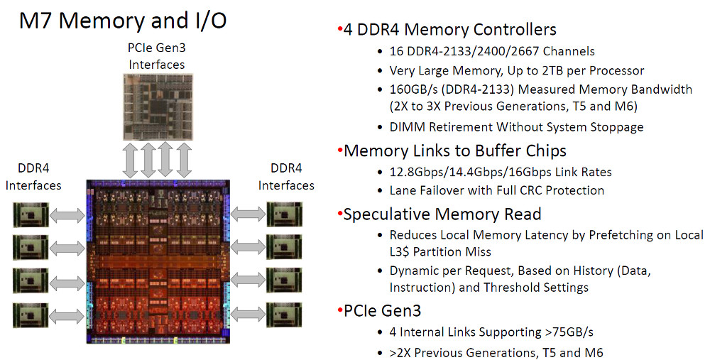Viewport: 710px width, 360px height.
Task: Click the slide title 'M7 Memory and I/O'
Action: click(x=123, y=21)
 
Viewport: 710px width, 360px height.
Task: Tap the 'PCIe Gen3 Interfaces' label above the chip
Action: click(x=157, y=56)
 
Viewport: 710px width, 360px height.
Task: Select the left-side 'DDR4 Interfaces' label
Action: click(x=33, y=177)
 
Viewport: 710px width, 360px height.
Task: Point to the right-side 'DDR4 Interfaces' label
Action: click(x=286, y=177)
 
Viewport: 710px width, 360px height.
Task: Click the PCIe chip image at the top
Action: click(x=158, y=107)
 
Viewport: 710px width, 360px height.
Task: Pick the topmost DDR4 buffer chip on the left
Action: click(x=31, y=214)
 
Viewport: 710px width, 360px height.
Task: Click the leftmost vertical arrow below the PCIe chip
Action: click(x=131, y=160)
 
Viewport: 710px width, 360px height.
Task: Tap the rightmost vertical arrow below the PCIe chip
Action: click(x=184, y=160)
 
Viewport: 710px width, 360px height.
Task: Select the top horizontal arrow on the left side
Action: click(x=67, y=215)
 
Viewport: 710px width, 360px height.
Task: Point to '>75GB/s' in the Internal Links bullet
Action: click(x=569, y=332)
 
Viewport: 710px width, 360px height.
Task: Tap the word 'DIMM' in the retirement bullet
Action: click(x=408, y=127)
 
